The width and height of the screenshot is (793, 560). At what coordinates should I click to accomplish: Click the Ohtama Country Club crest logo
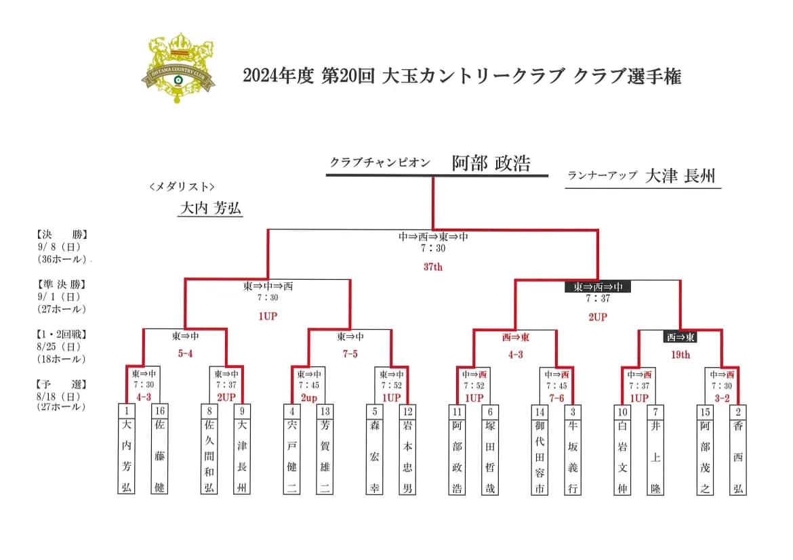click(x=178, y=68)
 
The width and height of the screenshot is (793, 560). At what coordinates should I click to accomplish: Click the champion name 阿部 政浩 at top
click(x=491, y=163)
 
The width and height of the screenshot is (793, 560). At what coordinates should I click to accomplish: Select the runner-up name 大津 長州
click(x=680, y=176)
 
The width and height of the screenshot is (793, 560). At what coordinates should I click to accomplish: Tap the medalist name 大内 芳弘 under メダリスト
click(x=210, y=208)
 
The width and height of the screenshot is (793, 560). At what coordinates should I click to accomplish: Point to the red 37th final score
click(x=433, y=267)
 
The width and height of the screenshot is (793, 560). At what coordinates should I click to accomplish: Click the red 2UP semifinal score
click(x=597, y=317)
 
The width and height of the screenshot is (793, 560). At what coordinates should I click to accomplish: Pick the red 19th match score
click(x=680, y=355)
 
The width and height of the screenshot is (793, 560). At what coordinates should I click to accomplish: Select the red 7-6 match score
click(x=556, y=398)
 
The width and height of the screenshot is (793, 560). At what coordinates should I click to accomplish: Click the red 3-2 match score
click(x=722, y=398)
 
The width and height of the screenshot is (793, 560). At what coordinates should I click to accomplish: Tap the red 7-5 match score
click(x=350, y=353)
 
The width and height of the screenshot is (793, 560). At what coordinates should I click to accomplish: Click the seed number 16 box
click(x=160, y=411)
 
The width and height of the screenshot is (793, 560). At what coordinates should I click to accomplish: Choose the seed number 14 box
click(x=540, y=412)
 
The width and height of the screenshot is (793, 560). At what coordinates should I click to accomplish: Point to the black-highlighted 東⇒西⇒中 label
click(x=597, y=286)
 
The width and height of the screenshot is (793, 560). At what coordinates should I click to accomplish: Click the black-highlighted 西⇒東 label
click(x=680, y=337)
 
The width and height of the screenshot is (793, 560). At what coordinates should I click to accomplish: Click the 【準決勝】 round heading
click(x=62, y=284)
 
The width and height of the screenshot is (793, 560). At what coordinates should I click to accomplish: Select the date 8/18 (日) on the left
click(x=59, y=397)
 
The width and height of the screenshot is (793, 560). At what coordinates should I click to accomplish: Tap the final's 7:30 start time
click(x=433, y=248)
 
